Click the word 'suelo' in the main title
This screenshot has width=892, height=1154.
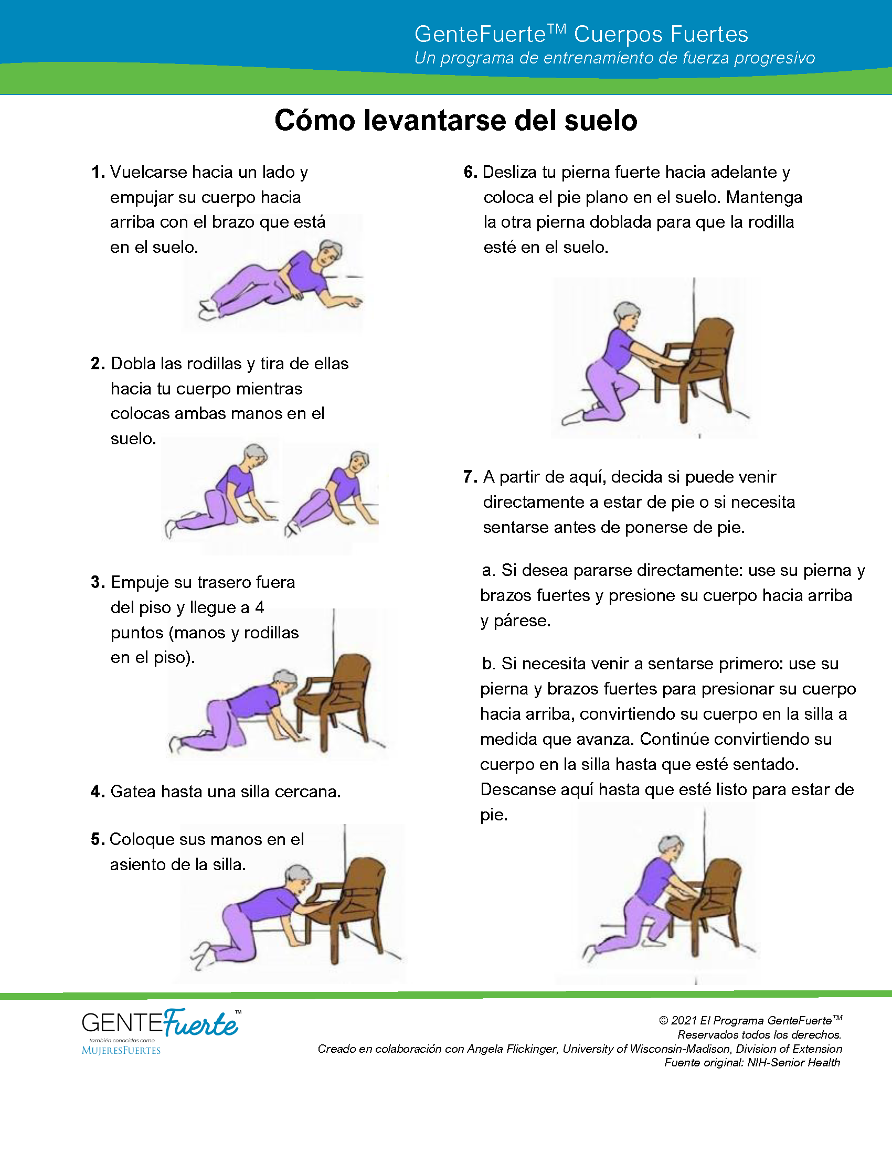[x=601, y=121]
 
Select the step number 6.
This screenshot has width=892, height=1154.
[x=470, y=172]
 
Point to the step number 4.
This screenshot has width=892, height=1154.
[x=98, y=792]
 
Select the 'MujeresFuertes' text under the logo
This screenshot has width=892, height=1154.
[x=121, y=1051]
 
